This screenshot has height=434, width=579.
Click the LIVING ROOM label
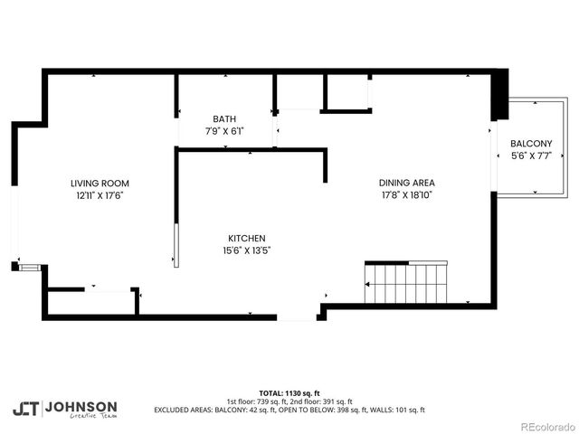click(x=106, y=183)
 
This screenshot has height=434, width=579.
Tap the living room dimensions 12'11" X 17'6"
click(x=106, y=194)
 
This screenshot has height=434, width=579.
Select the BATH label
click(x=224, y=119)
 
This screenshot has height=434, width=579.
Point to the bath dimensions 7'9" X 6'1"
click(x=224, y=131)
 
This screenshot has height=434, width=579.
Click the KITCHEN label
click(x=246, y=239)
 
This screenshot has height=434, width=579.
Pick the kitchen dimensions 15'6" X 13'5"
click(x=246, y=250)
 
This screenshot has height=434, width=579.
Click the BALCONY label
click(x=531, y=144)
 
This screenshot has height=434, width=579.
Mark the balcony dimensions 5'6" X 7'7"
click(x=531, y=156)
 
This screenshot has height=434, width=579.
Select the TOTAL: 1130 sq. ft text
click(x=289, y=394)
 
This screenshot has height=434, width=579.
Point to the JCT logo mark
click(x=25, y=409)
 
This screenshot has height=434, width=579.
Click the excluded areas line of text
click(x=289, y=410)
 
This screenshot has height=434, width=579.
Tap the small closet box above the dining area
click(x=346, y=92)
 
